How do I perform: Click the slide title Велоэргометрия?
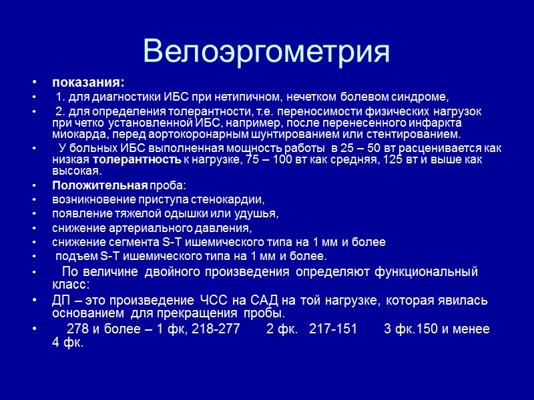[x=266, y=51]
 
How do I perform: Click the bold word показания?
[x=88, y=83]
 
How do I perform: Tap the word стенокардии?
[x=230, y=199]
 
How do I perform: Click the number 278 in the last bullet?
[x=78, y=329]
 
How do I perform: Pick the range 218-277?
[x=215, y=329]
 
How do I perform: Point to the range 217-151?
[x=334, y=329]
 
